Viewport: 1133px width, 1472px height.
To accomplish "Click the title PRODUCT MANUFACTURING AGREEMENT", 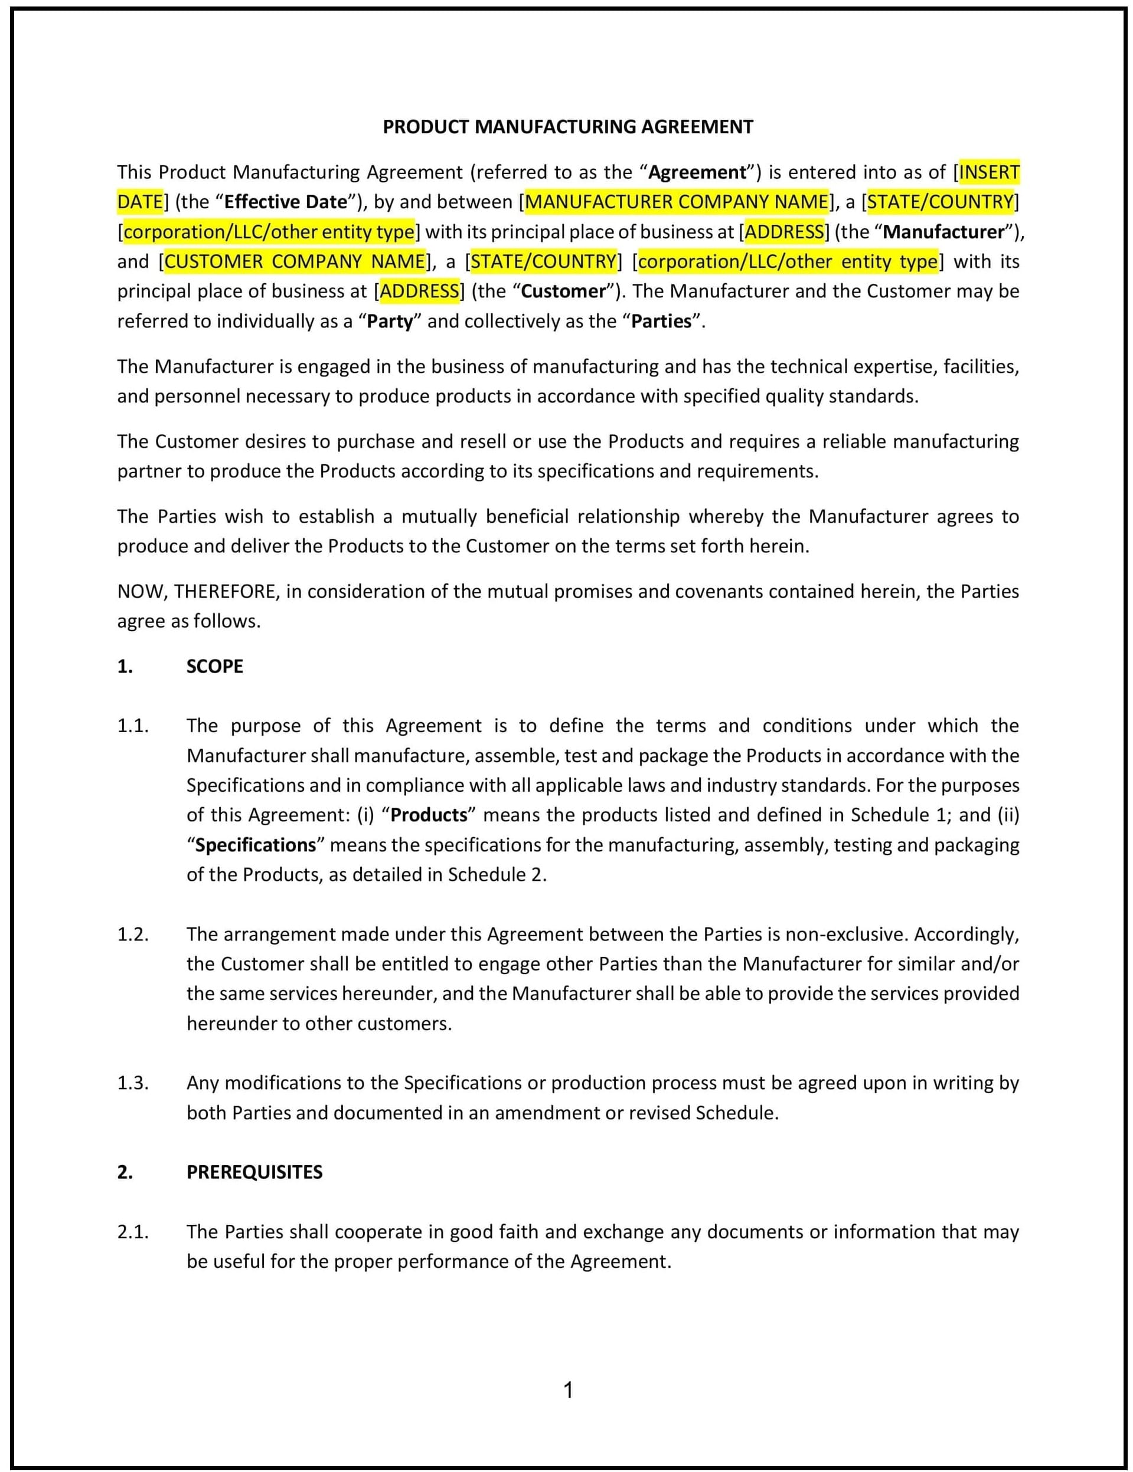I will pos(568,127).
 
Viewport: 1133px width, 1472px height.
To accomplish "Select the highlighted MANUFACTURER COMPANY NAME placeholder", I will pos(677,202).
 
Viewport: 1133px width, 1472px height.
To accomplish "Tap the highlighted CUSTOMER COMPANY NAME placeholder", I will pos(295,261).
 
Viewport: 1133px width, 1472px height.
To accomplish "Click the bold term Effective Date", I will pos(285,202).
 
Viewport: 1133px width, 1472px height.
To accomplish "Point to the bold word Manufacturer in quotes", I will pos(943,232).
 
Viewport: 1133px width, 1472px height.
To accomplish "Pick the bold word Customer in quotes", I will pos(564,291).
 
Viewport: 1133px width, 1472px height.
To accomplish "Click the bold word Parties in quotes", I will pos(661,322).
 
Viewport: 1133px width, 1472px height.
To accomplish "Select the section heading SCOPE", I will pos(214,667).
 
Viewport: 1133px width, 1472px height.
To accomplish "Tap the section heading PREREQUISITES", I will pos(254,1172).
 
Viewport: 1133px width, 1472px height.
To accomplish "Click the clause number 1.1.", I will pos(132,726).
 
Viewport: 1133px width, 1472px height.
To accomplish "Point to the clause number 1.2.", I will pos(132,934).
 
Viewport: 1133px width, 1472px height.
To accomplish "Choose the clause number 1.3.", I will pos(132,1083).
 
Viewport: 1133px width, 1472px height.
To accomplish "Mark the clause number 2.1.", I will pos(132,1232).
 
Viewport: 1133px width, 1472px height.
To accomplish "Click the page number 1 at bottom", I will pos(568,1390).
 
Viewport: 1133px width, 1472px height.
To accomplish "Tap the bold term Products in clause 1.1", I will pos(429,815).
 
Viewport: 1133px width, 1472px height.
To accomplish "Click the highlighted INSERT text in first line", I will pos(989,172).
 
